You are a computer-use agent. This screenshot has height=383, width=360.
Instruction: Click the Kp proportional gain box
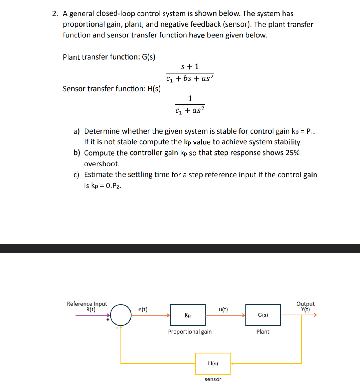pos(188,315)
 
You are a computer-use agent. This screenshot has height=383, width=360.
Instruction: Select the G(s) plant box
pos(263,315)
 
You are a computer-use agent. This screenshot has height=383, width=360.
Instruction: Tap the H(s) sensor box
pos(213,363)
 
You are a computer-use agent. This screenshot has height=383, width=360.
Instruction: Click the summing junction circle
pos(121,315)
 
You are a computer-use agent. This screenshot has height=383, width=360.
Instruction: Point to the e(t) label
pos(143,309)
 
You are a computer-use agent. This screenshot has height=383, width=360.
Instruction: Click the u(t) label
pos(223,309)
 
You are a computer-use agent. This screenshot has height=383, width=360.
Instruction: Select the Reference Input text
pos(87,304)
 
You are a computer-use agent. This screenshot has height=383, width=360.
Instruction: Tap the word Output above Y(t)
pos(305,304)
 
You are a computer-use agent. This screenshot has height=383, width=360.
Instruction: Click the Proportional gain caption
pos(190,332)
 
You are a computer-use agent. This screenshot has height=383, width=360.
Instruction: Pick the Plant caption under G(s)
pos(263,332)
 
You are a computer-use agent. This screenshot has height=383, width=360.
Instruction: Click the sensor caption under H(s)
pos(213,379)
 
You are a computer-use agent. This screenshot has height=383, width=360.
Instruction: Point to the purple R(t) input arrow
pos(92,315)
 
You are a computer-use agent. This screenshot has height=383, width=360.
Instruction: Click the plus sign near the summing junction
pos(108,320)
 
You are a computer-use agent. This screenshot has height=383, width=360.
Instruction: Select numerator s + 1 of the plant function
pos(190,66)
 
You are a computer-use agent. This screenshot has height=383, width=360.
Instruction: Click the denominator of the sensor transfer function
pos(190,110)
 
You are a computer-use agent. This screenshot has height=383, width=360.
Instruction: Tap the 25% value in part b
pos(292,153)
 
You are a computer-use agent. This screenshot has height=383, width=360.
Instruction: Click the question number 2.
pos(55,14)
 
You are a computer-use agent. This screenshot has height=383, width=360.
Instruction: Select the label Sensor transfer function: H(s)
pos(112,89)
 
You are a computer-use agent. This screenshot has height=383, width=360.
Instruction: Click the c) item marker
pos(76,175)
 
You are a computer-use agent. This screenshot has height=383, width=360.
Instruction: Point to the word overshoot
pos(102,164)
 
